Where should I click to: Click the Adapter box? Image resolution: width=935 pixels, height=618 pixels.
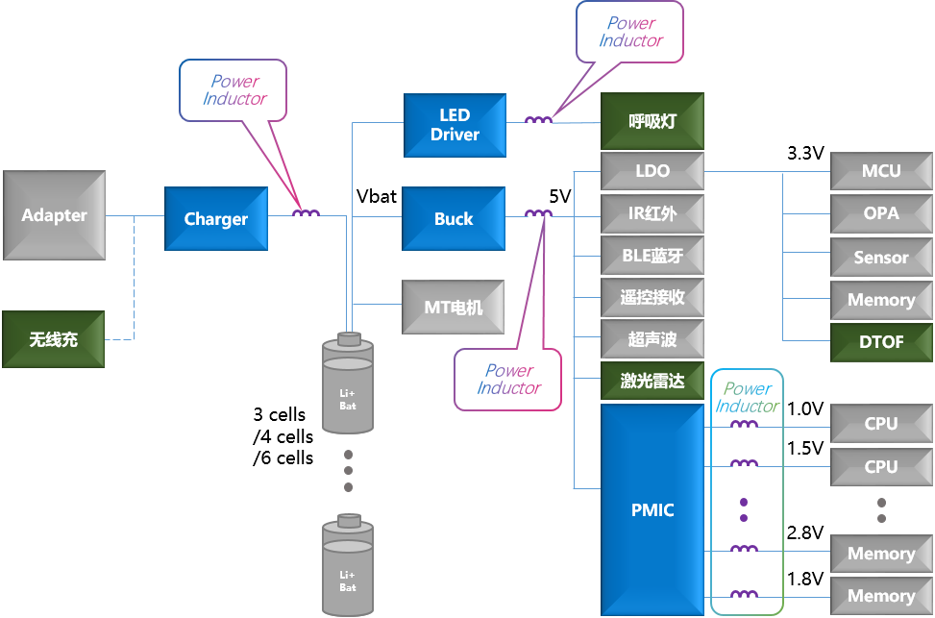coord(54,215)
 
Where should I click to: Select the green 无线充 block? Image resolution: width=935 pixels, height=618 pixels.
coord(54,339)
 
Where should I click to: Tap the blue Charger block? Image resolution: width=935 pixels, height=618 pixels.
coord(216,219)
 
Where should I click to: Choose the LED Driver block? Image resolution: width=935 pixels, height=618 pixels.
coord(455,125)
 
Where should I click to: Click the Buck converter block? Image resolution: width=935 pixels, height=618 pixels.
coord(454,219)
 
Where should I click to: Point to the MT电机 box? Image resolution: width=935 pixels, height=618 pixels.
coord(453,308)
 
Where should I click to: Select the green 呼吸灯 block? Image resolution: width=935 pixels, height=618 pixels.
coord(652,121)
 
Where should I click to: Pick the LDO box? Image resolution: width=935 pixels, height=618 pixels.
coord(652,171)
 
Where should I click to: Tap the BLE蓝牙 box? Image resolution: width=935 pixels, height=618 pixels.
coord(652,256)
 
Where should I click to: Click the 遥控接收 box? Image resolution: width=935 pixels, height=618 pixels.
coord(652,298)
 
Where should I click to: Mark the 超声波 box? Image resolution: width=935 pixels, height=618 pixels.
coord(652,339)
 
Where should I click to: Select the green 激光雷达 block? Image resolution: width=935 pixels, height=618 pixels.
coord(652,382)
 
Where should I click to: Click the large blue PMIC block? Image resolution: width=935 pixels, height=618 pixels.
coord(652,509)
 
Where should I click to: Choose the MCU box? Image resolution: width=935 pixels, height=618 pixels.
coord(881,171)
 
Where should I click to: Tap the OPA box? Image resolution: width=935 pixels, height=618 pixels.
coord(881,213)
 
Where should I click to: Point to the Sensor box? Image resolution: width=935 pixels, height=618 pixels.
coord(881,258)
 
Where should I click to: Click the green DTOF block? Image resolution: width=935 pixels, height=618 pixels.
coord(881,342)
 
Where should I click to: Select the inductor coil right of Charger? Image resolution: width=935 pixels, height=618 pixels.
coord(306,212)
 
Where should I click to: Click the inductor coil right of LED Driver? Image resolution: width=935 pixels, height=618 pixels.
coord(538,120)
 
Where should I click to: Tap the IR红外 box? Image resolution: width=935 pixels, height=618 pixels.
coord(652,213)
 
